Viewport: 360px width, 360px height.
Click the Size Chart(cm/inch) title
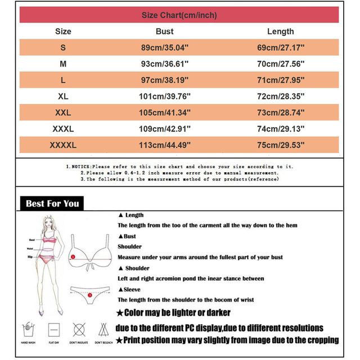point(179,15)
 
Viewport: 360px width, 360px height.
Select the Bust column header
point(164,31)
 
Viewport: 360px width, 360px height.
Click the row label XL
point(63,97)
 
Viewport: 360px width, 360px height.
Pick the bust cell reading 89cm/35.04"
point(164,48)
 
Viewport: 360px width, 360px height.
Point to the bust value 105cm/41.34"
point(164,113)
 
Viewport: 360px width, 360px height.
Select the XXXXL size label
point(63,145)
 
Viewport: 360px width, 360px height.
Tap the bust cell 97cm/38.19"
point(164,80)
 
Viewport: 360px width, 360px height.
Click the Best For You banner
point(52,204)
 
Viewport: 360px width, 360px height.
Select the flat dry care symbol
point(55,328)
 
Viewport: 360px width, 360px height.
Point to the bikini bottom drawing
point(90,291)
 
